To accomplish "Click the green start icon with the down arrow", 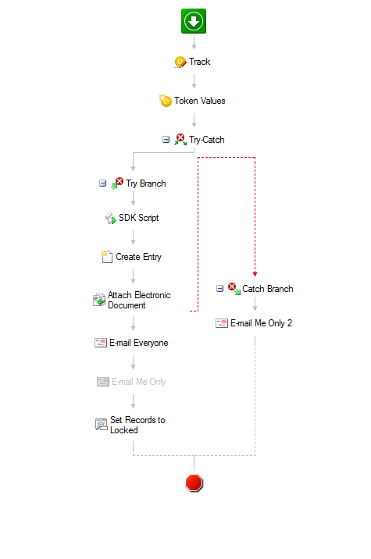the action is coord(194,21).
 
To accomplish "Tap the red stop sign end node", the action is coord(194,483).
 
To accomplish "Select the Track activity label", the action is coord(199,62).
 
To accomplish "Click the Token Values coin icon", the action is coord(165,101).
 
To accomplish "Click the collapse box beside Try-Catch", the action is coord(166,140).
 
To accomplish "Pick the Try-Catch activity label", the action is coord(206,140).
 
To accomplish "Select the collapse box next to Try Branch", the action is coord(103,183).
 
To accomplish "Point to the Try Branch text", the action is coord(145,183).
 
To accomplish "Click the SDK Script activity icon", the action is coord(110,218).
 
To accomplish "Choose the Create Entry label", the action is coord(138,257).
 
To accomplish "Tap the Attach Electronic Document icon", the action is coord(99,300).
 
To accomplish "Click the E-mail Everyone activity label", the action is coord(139,343).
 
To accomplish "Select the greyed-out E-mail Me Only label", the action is coord(139,382).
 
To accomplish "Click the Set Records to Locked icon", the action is coord(102,425).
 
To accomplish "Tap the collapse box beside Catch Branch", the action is coord(220,288).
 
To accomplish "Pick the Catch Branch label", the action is coord(268,289).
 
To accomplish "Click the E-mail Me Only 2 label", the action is coord(261,323).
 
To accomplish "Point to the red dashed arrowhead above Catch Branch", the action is coord(255,274).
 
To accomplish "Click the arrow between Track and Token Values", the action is coord(194,81).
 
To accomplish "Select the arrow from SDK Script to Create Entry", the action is coord(133,237).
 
